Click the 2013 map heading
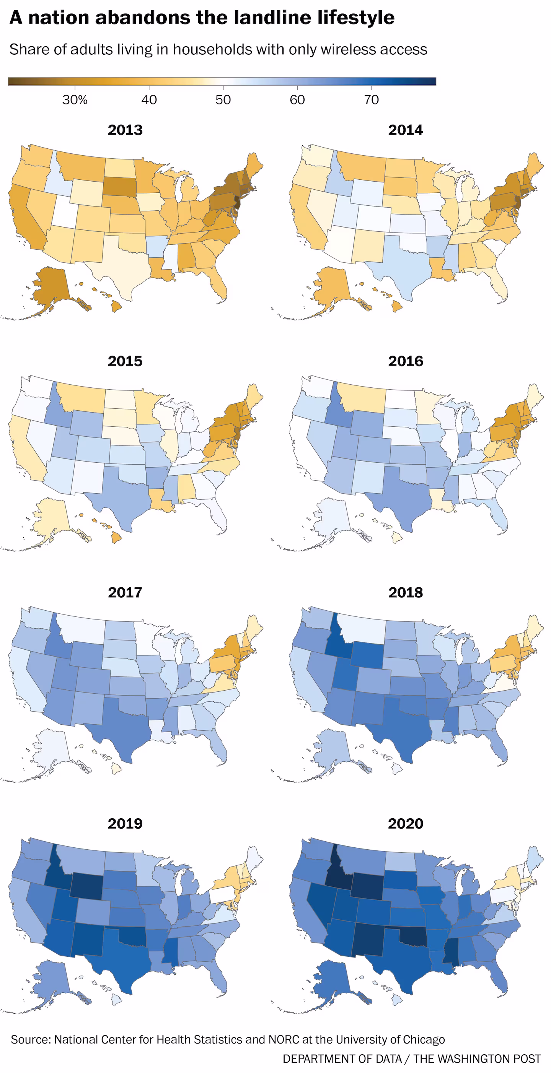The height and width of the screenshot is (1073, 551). pyautogui.click(x=125, y=130)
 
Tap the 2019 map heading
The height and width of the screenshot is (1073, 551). pyautogui.click(x=125, y=824)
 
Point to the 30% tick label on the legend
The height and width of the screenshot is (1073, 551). pyautogui.click(x=75, y=100)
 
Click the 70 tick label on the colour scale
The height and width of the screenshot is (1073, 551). pyautogui.click(x=372, y=100)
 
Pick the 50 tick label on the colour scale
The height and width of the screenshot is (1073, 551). pyautogui.click(x=223, y=100)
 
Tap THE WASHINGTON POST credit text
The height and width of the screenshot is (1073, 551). pyautogui.click(x=477, y=1058)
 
